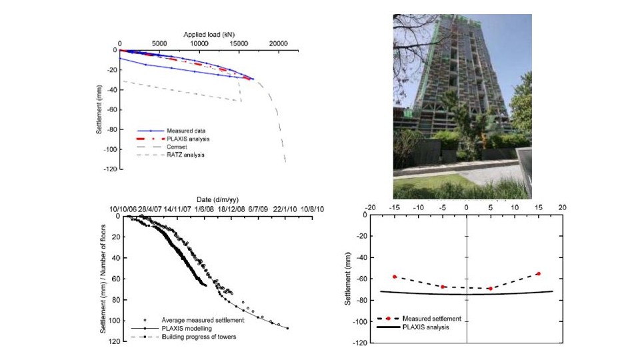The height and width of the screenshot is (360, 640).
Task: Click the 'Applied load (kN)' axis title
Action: (x=209, y=34)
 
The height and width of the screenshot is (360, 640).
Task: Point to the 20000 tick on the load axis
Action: (x=279, y=43)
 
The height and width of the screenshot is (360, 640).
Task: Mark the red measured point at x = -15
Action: (x=395, y=276)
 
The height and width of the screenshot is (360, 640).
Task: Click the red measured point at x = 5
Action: (x=490, y=288)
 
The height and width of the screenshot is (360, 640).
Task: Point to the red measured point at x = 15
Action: (x=538, y=273)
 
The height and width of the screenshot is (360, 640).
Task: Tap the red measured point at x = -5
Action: (x=443, y=287)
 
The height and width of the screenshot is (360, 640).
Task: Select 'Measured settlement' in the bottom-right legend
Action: (x=432, y=319)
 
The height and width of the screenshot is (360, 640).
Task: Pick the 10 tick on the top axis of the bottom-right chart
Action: (x=514, y=207)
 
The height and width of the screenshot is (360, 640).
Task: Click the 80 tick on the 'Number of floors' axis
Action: (x=113, y=300)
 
